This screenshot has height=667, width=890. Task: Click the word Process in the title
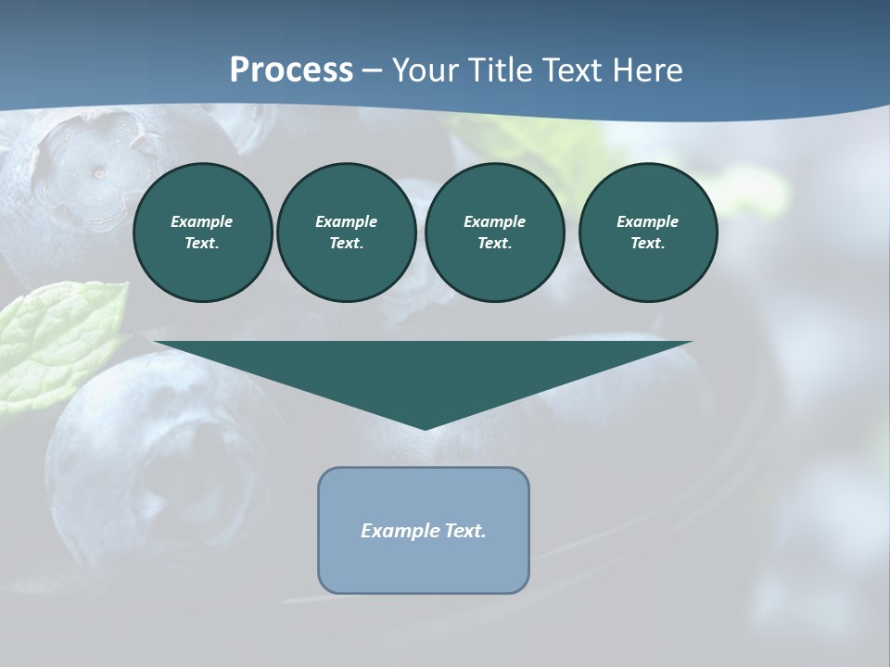pyautogui.click(x=291, y=70)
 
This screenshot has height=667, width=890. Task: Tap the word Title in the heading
pyautogui.click(x=502, y=70)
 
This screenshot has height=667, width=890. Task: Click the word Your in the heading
pyautogui.click(x=426, y=70)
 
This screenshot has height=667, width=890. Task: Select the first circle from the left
pyautogui.click(x=202, y=233)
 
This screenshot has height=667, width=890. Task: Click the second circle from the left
pyautogui.click(x=346, y=233)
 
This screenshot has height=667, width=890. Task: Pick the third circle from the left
pyautogui.click(x=494, y=233)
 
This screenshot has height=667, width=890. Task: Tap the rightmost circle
pyautogui.click(x=648, y=233)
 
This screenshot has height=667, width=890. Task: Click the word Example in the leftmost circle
pyautogui.click(x=202, y=221)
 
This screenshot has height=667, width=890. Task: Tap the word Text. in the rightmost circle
pyautogui.click(x=648, y=244)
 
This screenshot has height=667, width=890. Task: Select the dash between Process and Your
pyautogui.click(x=372, y=71)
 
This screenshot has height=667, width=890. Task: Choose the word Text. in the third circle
pyautogui.click(x=494, y=244)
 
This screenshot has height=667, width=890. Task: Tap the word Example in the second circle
pyautogui.click(x=346, y=221)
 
